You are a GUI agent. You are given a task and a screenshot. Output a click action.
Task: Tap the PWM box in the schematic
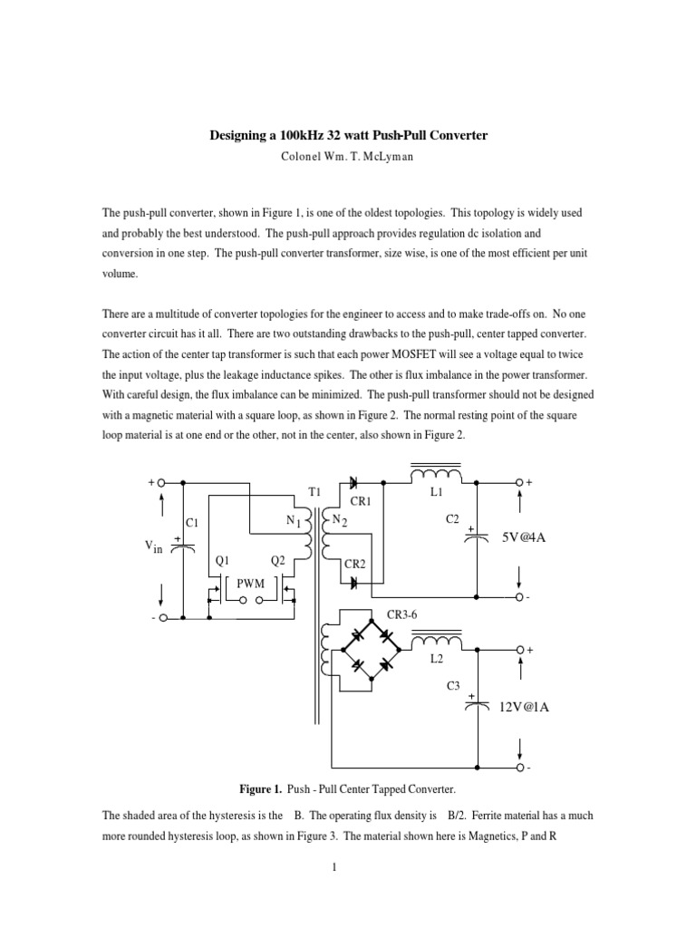(249, 584)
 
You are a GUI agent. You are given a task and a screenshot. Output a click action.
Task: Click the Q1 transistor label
(221, 561)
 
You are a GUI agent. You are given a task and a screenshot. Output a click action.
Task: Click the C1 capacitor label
(191, 523)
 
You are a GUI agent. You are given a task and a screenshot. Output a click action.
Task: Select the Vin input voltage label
(151, 546)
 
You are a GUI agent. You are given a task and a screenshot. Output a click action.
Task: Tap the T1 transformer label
(314, 490)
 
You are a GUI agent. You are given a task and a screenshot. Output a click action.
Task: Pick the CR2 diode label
(354, 563)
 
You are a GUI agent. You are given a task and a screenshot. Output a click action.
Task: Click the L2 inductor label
(437, 661)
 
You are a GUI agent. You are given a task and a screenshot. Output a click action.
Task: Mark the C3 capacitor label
(454, 686)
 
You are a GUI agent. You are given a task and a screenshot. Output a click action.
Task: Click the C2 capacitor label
(452, 518)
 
